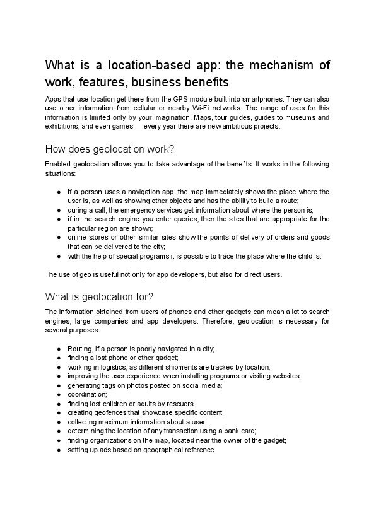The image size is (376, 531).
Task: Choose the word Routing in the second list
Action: click(x=79, y=348)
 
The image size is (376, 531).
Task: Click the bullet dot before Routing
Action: click(x=59, y=348)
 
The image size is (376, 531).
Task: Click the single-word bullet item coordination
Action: click(x=87, y=394)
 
